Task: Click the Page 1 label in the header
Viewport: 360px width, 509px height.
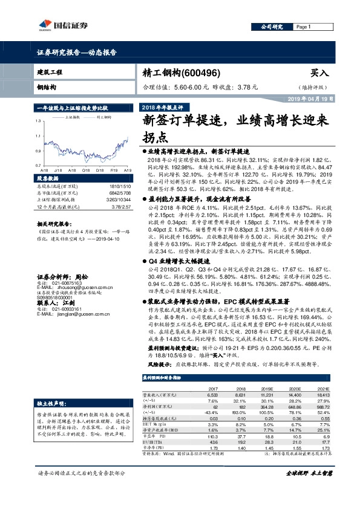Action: tap(304, 28)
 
